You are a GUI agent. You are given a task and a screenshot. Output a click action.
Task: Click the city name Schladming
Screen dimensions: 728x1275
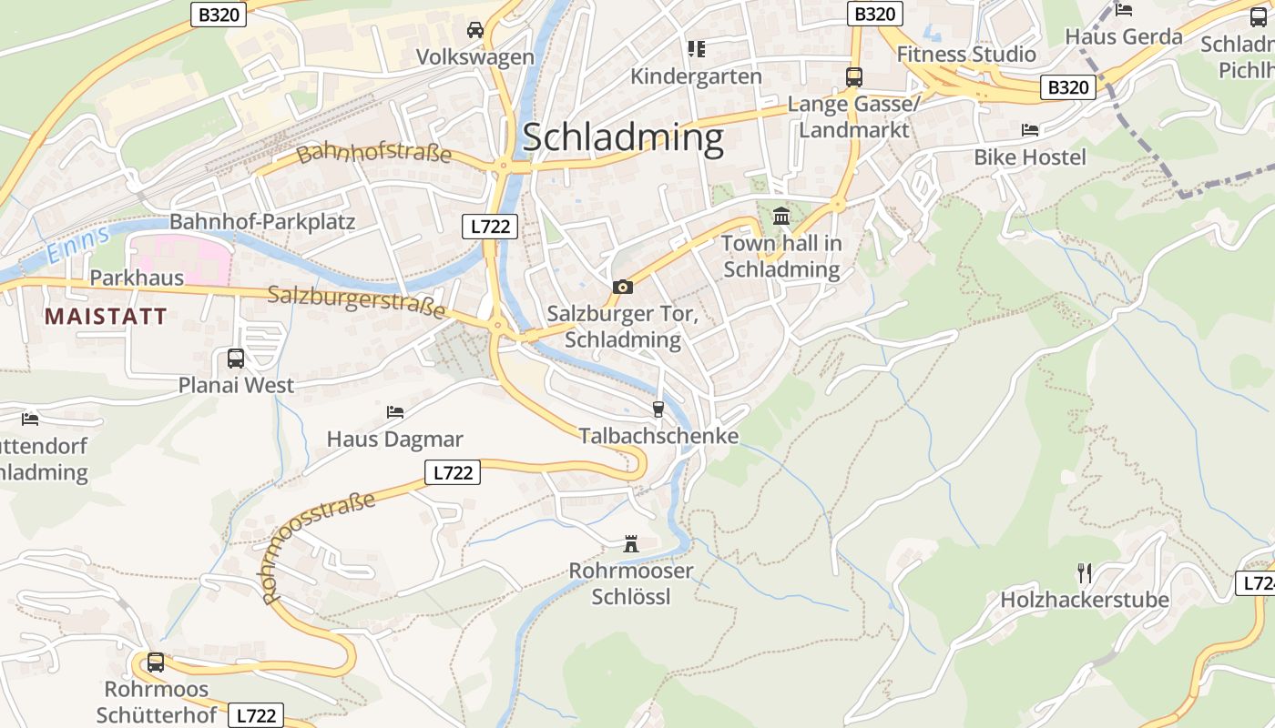click(623, 137)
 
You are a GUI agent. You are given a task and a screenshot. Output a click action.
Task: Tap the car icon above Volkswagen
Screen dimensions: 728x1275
click(474, 30)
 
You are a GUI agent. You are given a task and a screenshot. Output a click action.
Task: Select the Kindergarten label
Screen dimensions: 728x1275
click(696, 76)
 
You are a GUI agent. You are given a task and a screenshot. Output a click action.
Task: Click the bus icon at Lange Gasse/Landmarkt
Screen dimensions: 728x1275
click(853, 77)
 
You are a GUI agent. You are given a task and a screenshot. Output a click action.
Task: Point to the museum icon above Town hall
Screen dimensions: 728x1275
click(781, 217)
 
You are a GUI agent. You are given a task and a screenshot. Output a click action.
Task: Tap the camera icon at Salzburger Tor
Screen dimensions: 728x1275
click(623, 288)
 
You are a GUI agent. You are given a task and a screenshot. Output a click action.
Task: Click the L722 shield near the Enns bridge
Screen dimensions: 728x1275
click(490, 227)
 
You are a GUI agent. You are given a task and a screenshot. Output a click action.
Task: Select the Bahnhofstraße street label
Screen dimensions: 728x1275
click(374, 153)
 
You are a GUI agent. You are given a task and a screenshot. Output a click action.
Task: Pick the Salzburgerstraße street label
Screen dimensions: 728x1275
click(357, 301)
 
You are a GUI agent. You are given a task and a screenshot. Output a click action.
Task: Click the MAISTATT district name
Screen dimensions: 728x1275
click(106, 317)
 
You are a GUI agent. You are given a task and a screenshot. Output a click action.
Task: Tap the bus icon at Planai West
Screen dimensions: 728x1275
click(236, 359)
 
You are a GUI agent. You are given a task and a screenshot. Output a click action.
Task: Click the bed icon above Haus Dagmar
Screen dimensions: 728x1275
click(394, 412)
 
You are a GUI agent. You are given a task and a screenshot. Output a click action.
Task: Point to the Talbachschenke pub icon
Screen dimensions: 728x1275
click(658, 409)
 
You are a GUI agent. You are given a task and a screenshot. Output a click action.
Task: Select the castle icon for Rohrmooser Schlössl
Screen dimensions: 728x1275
click(630, 544)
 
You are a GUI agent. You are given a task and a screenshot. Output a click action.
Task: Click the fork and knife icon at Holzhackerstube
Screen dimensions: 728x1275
click(1084, 573)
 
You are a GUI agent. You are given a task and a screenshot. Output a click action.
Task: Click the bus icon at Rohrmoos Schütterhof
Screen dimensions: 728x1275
click(156, 662)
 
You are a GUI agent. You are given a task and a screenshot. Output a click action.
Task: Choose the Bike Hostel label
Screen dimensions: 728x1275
click(1030, 157)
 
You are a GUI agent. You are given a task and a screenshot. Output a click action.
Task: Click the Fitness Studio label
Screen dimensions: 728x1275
click(966, 55)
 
